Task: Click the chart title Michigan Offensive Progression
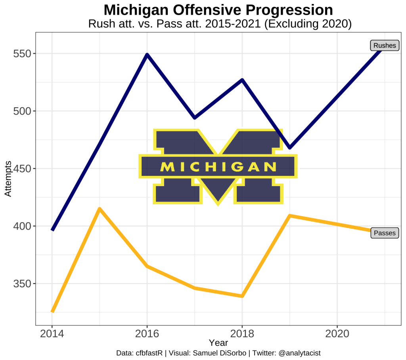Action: pos(218,10)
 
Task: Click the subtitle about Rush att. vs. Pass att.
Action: pos(220,24)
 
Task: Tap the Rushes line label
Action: pos(385,46)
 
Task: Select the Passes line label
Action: pos(385,233)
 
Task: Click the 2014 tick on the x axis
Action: pos(52,333)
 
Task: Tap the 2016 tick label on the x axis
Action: pos(147,333)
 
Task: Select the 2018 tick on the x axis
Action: pos(242,333)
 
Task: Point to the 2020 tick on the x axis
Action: pos(337,333)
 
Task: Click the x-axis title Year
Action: pos(218,343)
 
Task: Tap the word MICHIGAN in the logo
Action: pos(218,167)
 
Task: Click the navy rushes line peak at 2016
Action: pos(147,55)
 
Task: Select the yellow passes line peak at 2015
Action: pos(100,209)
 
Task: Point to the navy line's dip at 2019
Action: pos(290,147)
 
